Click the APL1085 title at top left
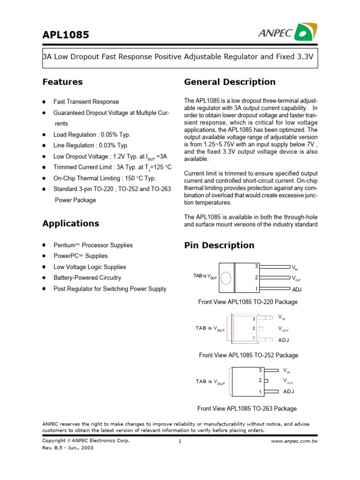(x=66, y=35)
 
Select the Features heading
(x=62, y=82)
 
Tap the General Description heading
(x=230, y=82)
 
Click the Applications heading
(x=71, y=224)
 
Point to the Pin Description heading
(x=219, y=245)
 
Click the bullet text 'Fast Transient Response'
(x=86, y=102)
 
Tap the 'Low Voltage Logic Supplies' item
(x=90, y=267)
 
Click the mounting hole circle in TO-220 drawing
(x=226, y=277)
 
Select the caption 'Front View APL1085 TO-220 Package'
(x=247, y=302)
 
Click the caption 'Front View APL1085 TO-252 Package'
(x=248, y=355)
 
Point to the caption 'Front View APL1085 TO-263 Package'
(x=247, y=409)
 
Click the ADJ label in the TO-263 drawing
(x=289, y=391)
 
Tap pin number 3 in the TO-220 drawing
(x=256, y=266)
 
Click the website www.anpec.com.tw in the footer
(x=294, y=442)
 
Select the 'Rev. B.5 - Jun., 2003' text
(x=68, y=448)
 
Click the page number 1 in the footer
(x=180, y=442)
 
